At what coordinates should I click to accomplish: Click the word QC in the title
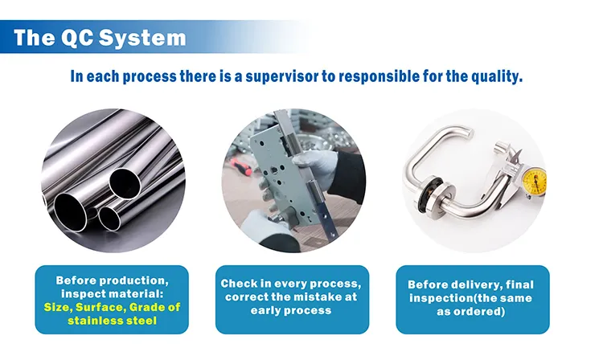[x=80, y=37]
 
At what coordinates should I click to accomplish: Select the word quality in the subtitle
[x=496, y=77]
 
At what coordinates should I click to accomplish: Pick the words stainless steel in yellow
[x=112, y=321]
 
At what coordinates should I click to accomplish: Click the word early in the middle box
[x=269, y=310]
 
